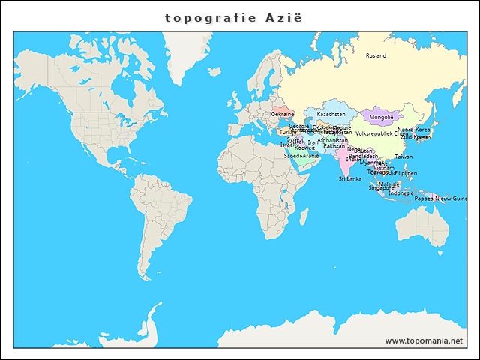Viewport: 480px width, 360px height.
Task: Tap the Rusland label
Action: click(x=376, y=55)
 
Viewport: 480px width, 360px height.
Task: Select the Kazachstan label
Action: click(x=331, y=114)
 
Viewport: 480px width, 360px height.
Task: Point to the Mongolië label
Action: click(x=382, y=118)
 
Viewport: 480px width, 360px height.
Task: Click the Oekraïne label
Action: click(x=283, y=114)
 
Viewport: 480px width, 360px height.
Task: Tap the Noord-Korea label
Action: click(x=414, y=129)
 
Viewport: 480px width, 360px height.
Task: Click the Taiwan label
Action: click(x=403, y=157)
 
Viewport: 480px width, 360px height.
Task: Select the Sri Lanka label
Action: click(x=349, y=179)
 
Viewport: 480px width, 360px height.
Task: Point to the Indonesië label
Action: click(x=401, y=193)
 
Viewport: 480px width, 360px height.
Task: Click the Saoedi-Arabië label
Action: click(x=301, y=155)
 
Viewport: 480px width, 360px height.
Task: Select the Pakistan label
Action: click(x=334, y=145)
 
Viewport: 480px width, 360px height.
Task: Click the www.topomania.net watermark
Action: click(x=424, y=340)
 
